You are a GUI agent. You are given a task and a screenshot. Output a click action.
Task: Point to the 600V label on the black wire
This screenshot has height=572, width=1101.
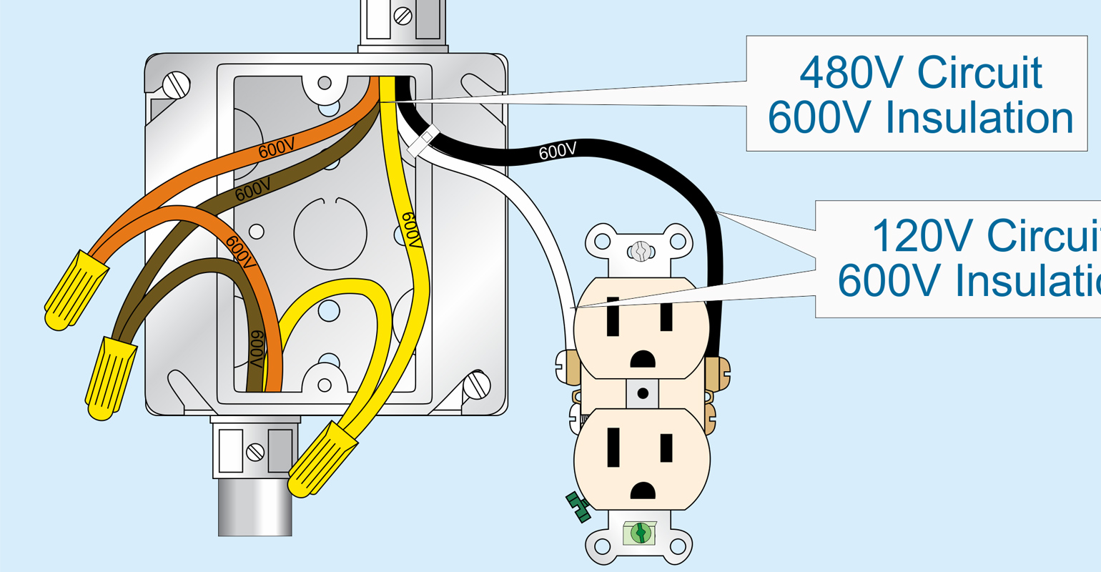pos(557,151)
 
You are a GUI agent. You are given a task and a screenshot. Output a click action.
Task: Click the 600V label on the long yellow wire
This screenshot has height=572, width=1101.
pos(410,230)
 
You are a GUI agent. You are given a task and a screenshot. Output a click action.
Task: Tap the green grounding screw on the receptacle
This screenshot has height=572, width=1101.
pos(640,533)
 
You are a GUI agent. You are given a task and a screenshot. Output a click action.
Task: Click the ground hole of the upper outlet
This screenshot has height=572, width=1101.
pos(641,357)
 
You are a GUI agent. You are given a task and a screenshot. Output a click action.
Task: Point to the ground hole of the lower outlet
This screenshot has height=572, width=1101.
pos(642,490)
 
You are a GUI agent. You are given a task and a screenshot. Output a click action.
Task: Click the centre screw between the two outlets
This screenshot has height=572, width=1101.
pos(642,393)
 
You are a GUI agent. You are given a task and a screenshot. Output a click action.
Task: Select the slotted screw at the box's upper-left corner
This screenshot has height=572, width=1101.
pos(177,86)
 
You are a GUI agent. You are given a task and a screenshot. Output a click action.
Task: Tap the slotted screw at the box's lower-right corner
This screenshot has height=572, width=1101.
pos(476,386)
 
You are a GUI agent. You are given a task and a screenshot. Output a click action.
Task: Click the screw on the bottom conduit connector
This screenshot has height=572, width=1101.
pos(255,452)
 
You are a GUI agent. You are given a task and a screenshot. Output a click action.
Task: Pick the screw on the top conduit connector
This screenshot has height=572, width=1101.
pos(403,14)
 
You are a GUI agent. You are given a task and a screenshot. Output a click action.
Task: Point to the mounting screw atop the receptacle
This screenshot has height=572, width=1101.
pos(641,251)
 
